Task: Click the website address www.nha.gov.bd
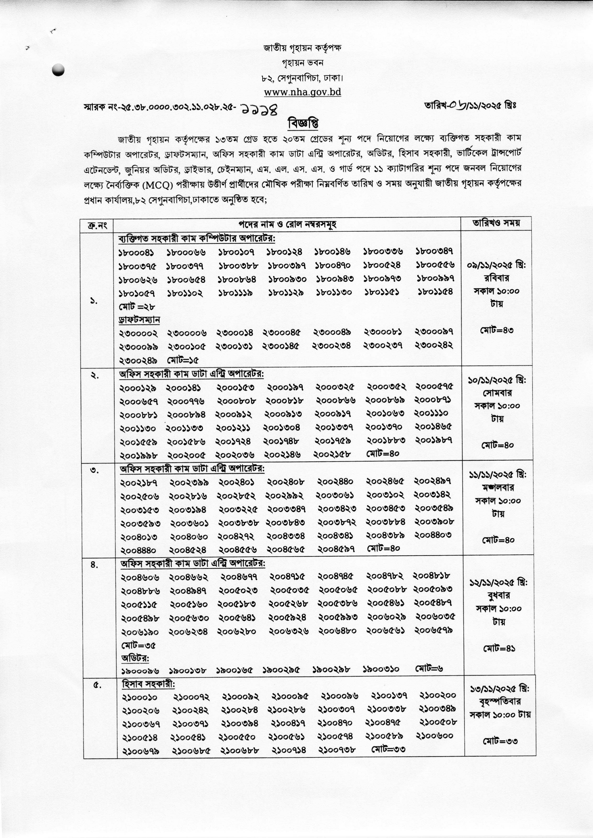(x=302, y=92)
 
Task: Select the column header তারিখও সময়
(x=496, y=223)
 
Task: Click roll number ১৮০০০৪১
(x=136, y=252)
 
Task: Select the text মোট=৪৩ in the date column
(x=497, y=330)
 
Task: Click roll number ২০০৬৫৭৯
(x=434, y=630)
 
